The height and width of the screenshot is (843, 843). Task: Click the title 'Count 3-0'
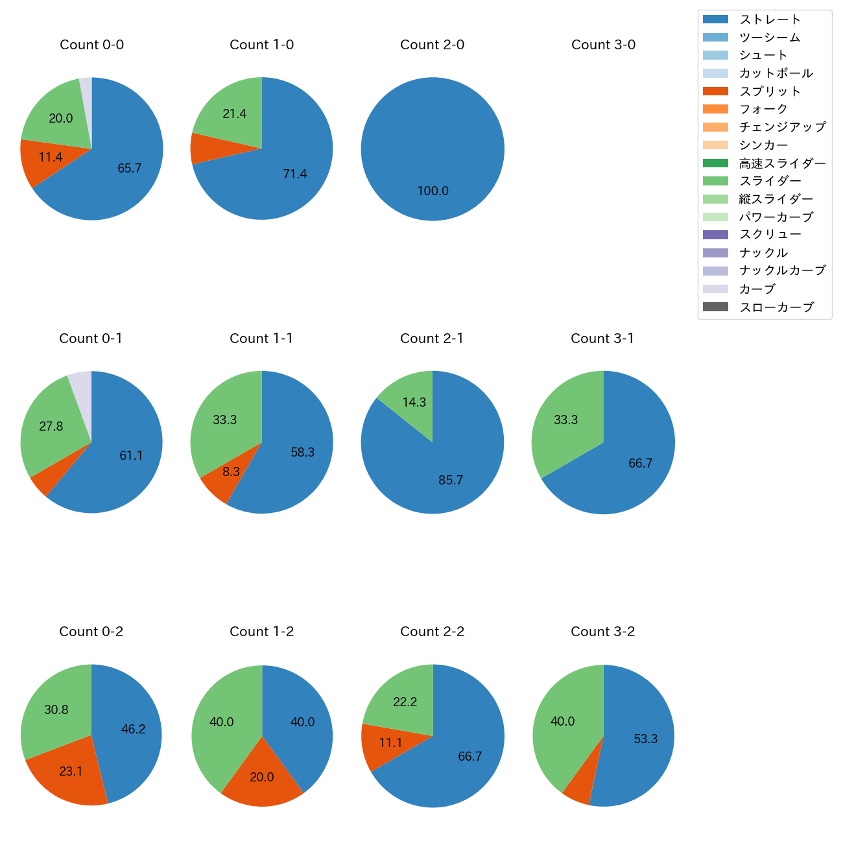click(603, 45)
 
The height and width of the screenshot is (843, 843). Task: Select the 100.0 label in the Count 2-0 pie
click(433, 191)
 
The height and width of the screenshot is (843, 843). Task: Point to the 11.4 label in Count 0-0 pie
click(51, 157)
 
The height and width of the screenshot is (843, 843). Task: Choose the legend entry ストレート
click(770, 19)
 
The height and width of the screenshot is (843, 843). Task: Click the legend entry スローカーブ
click(776, 307)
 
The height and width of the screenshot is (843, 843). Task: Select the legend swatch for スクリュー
click(715, 235)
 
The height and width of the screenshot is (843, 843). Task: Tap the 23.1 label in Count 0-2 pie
click(71, 772)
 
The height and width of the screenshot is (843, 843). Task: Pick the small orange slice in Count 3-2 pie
click(578, 792)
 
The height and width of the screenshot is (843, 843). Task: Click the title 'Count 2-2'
click(433, 632)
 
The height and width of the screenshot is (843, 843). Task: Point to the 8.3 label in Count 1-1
click(231, 472)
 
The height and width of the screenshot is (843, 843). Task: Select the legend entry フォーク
click(763, 109)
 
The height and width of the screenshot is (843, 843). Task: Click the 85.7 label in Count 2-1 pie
click(451, 481)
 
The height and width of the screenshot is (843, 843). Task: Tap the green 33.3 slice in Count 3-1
click(564, 421)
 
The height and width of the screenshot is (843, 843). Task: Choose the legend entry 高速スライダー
click(782, 163)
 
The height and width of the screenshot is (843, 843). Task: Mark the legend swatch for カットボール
click(715, 73)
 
